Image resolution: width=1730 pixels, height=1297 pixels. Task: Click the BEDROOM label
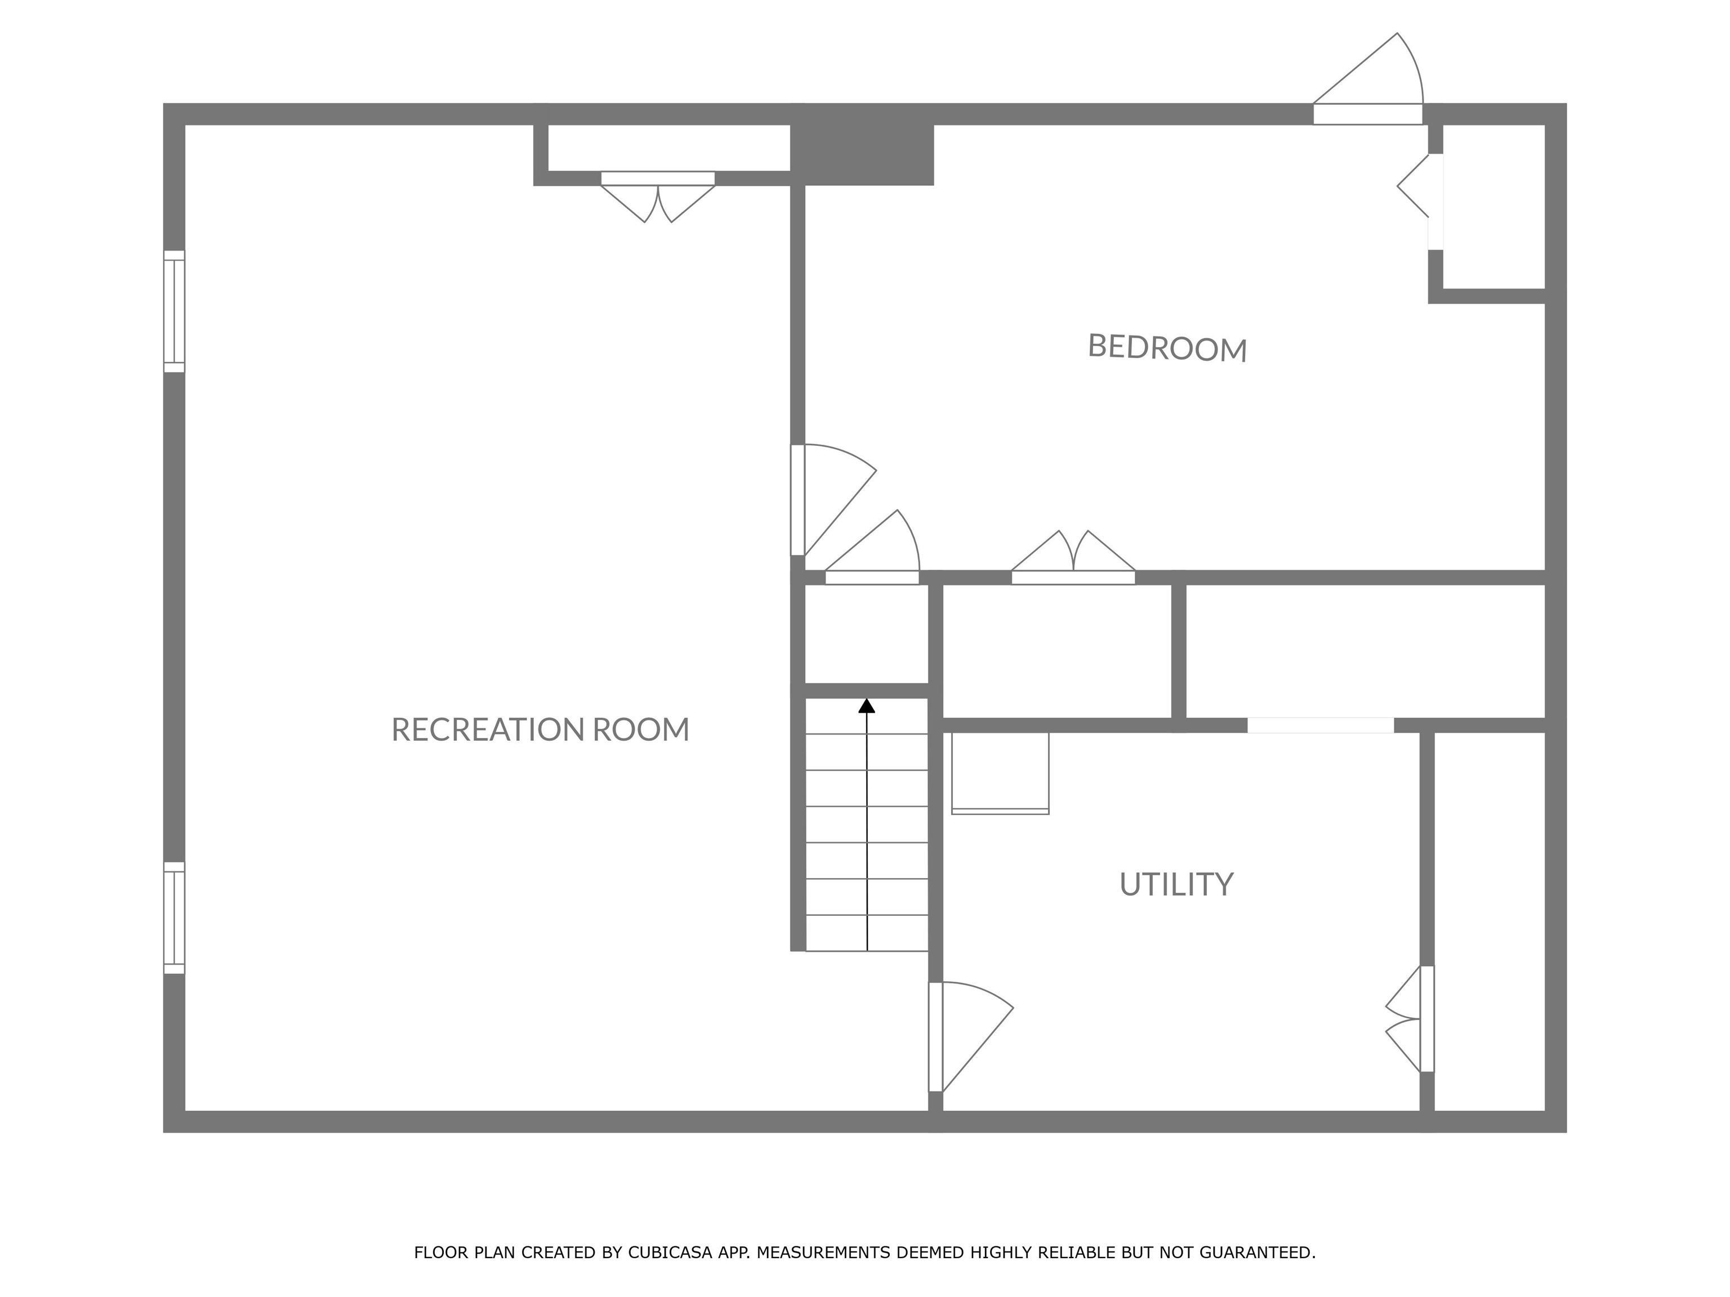pos(1167,348)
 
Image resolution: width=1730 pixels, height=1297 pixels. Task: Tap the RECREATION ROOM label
pos(541,730)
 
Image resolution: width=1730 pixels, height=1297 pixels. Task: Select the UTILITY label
pos(1176,884)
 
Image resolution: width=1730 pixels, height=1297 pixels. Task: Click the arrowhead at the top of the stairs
pos(867,706)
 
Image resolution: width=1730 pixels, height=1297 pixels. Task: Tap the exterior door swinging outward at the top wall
pos(1368,79)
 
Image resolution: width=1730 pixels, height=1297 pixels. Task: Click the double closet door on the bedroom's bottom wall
pos(1073,557)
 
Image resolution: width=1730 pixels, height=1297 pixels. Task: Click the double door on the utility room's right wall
pos(1410,1019)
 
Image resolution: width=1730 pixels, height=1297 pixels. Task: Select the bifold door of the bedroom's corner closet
pos(1420,202)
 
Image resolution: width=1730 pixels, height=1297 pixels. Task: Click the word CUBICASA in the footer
pos(670,1253)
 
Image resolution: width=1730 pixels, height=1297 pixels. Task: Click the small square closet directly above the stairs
pos(867,634)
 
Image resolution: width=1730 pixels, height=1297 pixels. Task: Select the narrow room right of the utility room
pos(1490,921)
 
